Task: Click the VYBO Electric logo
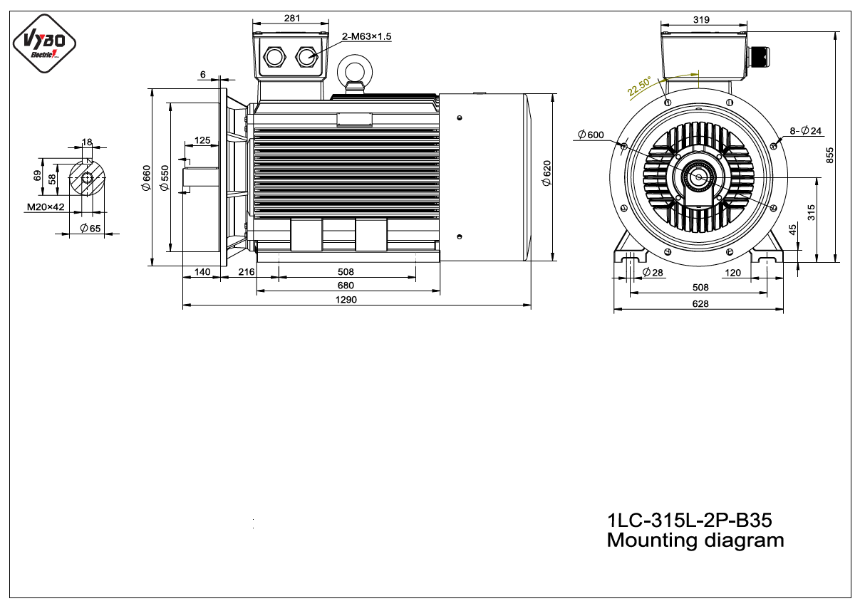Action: click(x=44, y=43)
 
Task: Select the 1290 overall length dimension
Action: click(x=346, y=300)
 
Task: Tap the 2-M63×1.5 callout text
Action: click(x=367, y=36)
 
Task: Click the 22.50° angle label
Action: click(x=640, y=86)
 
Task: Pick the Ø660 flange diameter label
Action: click(x=146, y=178)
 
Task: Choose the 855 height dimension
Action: click(x=829, y=155)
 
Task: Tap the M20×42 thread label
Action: click(x=46, y=207)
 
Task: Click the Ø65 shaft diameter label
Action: click(x=90, y=229)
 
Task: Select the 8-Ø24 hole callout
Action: click(x=805, y=131)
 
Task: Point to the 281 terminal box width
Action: click(x=292, y=18)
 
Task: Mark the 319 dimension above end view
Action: click(x=701, y=19)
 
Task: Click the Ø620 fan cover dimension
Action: click(x=546, y=173)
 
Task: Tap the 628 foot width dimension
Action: click(x=700, y=304)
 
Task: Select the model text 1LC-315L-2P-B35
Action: click(x=690, y=521)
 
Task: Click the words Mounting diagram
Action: click(x=695, y=540)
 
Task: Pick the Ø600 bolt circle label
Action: click(x=591, y=135)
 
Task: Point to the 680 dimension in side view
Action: click(x=346, y=286)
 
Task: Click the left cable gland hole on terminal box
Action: click(x=274, y=57)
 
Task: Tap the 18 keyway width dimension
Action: click(x=87, y=142)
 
